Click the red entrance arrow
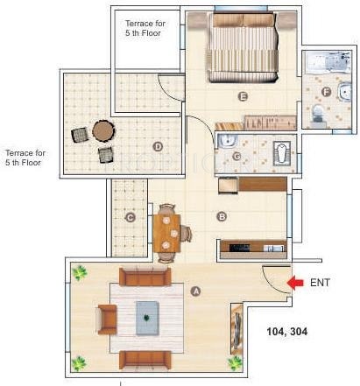295,283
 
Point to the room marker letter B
222,216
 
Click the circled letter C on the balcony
130,217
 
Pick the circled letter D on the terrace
159,146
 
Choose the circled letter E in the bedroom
244,96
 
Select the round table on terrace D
103,131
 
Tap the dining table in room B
168,233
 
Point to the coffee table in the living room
147,317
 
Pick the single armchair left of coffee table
107,319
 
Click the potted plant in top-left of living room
81,273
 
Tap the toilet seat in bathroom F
316,111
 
